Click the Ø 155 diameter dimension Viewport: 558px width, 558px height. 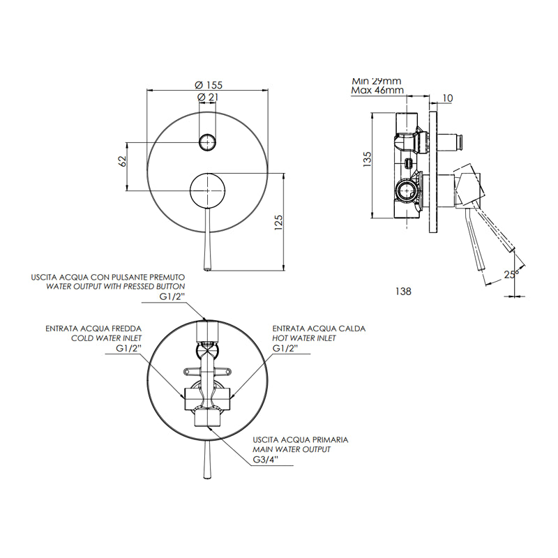(x=209, y=85)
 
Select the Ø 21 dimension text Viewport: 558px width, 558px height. (x=207, y=97)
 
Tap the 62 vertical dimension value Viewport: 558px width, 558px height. (x=122, y=161)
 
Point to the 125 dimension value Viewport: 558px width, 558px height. (x=278, y=223)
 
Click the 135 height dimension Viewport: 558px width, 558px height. (x=367, y=160)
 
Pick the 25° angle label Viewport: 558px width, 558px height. (x=510, y=274)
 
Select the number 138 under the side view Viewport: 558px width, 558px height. (x=403, y=292)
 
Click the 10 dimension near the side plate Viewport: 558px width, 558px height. (x=448, y=98)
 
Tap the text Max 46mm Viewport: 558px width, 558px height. (x=377, y=91)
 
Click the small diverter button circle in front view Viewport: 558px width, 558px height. (x=207, y=142)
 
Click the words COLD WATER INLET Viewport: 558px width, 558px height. (x=107, y=338)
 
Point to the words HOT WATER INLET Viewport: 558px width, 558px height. (x=304, y=338)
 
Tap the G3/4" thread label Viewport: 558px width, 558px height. (x=266, y=460)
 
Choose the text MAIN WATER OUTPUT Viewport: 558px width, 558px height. (x=292, y=449)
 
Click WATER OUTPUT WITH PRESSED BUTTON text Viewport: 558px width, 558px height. (x=116, y=287)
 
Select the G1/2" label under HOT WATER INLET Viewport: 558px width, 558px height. (x=285, y=348)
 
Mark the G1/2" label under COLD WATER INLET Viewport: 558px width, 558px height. (x=129, y=348)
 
